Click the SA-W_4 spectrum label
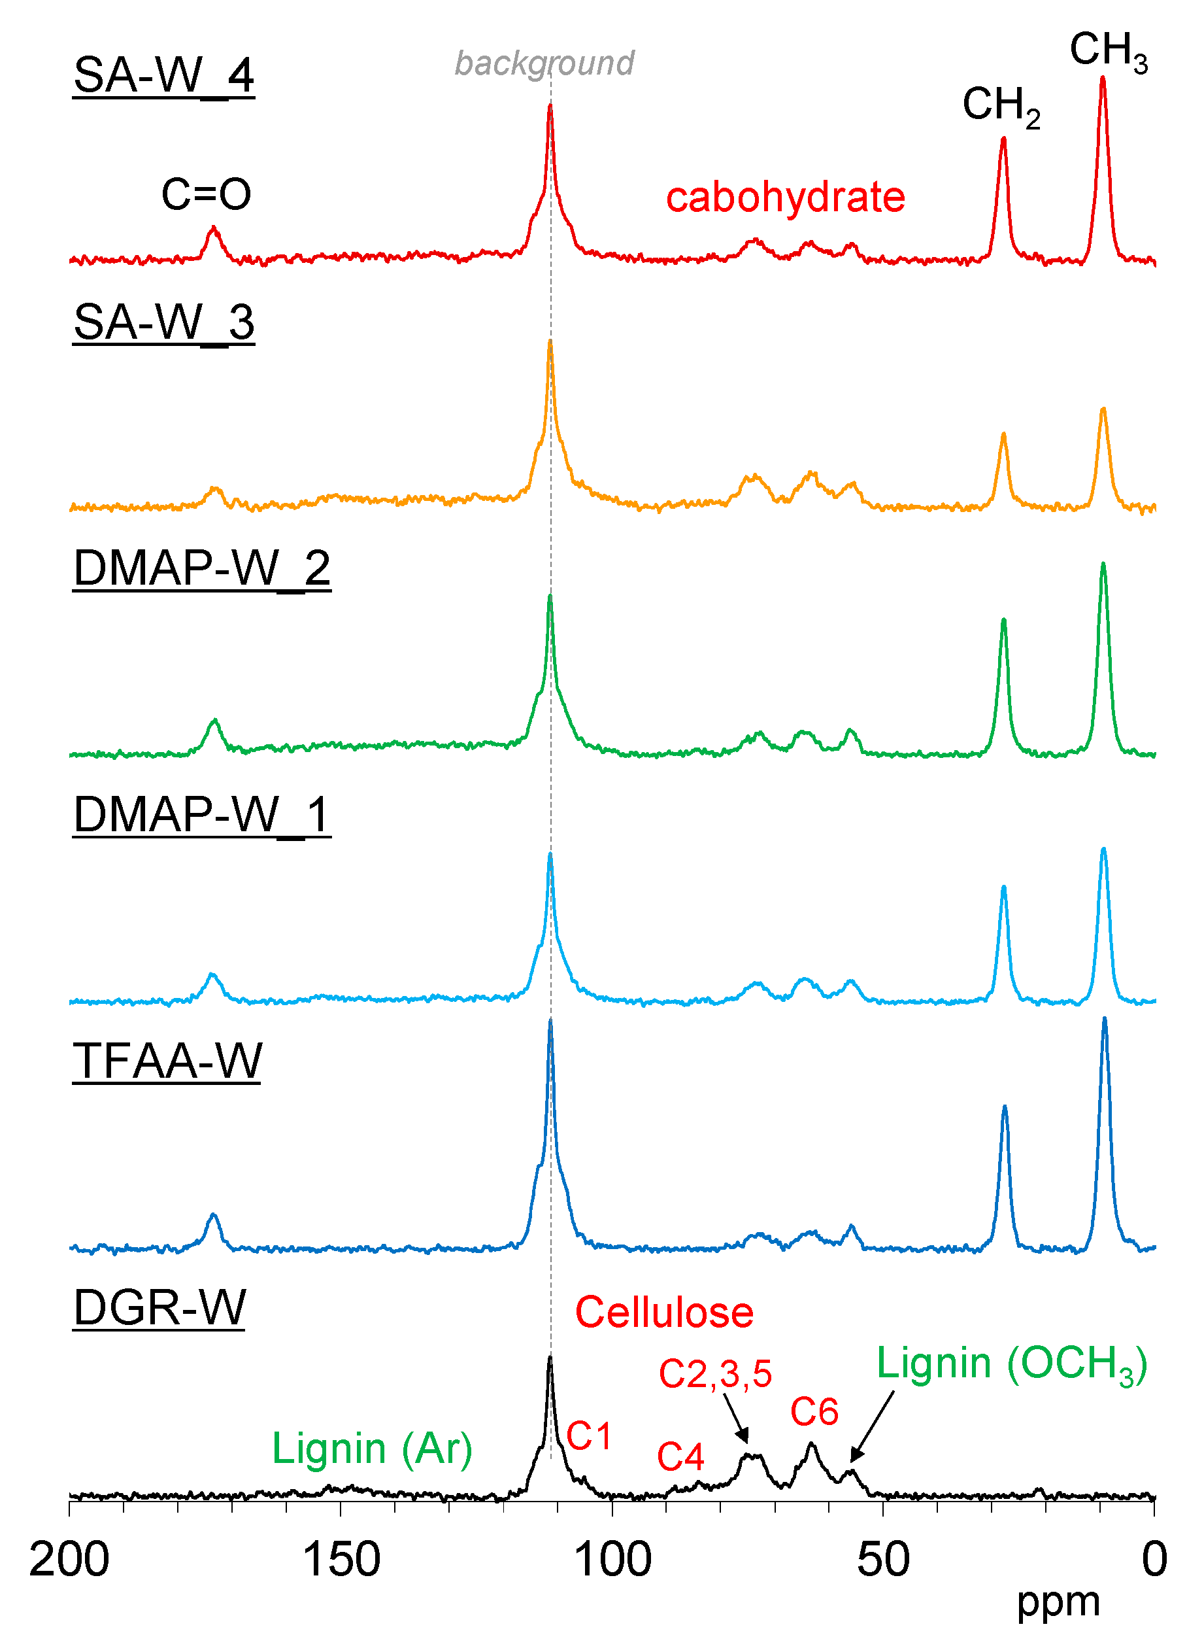163,75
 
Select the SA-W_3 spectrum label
163,322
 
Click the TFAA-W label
167,1061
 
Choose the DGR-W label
159,1307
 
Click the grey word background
544,63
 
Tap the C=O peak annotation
206,194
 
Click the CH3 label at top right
1107,51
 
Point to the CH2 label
1000,105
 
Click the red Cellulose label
663,1313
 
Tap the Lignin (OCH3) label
1011,1364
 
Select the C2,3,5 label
714,1373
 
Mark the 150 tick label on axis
341,1560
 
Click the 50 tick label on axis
882,1560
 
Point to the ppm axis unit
1058,1600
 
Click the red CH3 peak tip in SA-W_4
1103,78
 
